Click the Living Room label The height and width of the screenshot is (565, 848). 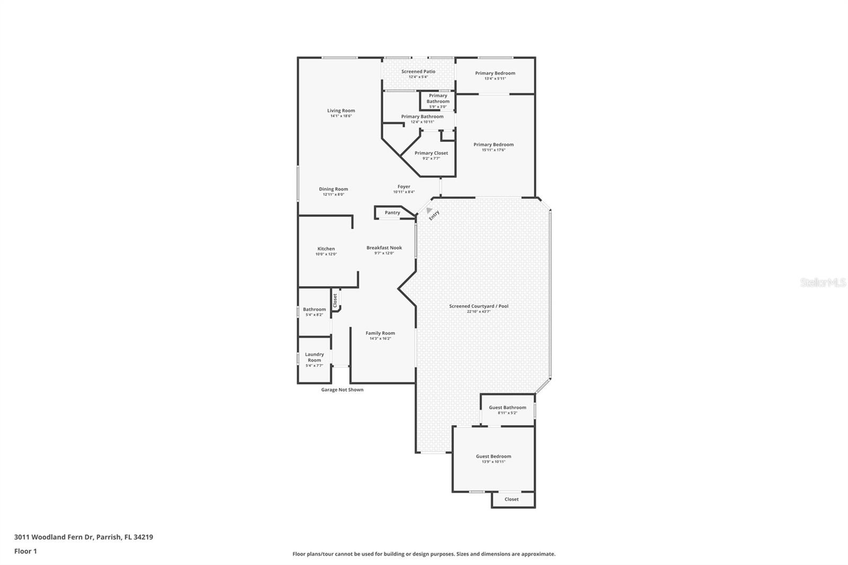point(341,111)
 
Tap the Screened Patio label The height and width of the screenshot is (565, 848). point(418,72)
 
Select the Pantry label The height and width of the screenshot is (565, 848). point(392,213)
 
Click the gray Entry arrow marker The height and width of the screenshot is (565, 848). point(429,210)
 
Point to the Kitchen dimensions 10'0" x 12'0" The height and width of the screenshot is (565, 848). point(326,254)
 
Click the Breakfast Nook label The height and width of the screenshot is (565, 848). point(384,248)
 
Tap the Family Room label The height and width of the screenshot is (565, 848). point(380,333)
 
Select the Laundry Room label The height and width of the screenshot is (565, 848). point(314,357)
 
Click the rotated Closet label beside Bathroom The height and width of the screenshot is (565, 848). point(335,301)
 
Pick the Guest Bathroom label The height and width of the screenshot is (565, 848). point(507,408)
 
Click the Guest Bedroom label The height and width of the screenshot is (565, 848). point(493,456)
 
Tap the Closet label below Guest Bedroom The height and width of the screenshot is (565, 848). point(511,499)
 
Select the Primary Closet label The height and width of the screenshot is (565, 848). point(431,153)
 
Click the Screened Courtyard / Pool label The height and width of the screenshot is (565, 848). point(479,306)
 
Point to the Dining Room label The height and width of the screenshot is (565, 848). point(333,189)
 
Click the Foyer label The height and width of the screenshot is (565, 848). point(404,187)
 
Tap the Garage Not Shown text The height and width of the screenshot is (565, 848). point(342,390)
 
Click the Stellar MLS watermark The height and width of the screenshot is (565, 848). point(823,282)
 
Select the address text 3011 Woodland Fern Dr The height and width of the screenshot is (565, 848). point(54,537)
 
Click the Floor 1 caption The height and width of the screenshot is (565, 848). point(25,551)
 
